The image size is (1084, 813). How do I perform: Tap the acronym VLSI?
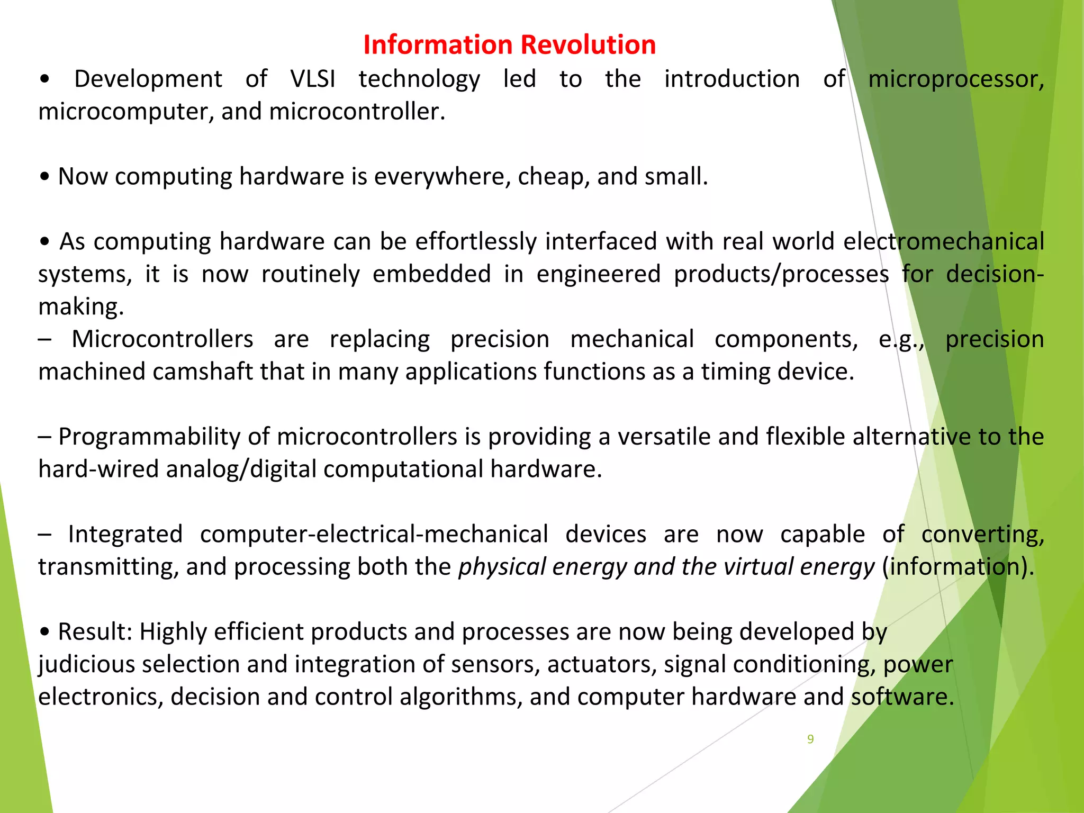pos(313,79)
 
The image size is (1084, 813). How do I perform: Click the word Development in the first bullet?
pos(148,79)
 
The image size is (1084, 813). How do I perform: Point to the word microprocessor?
pos(955,79)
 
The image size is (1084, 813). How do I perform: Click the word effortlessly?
pos(476,241)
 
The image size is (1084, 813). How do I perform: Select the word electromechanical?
pos(944,241)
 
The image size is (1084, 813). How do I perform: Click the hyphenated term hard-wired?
pos(98,469)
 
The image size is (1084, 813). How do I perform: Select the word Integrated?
pos(125,534)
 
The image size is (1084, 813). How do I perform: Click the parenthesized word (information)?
pos(958,567)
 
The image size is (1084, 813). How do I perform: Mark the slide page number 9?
pos(810,739)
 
